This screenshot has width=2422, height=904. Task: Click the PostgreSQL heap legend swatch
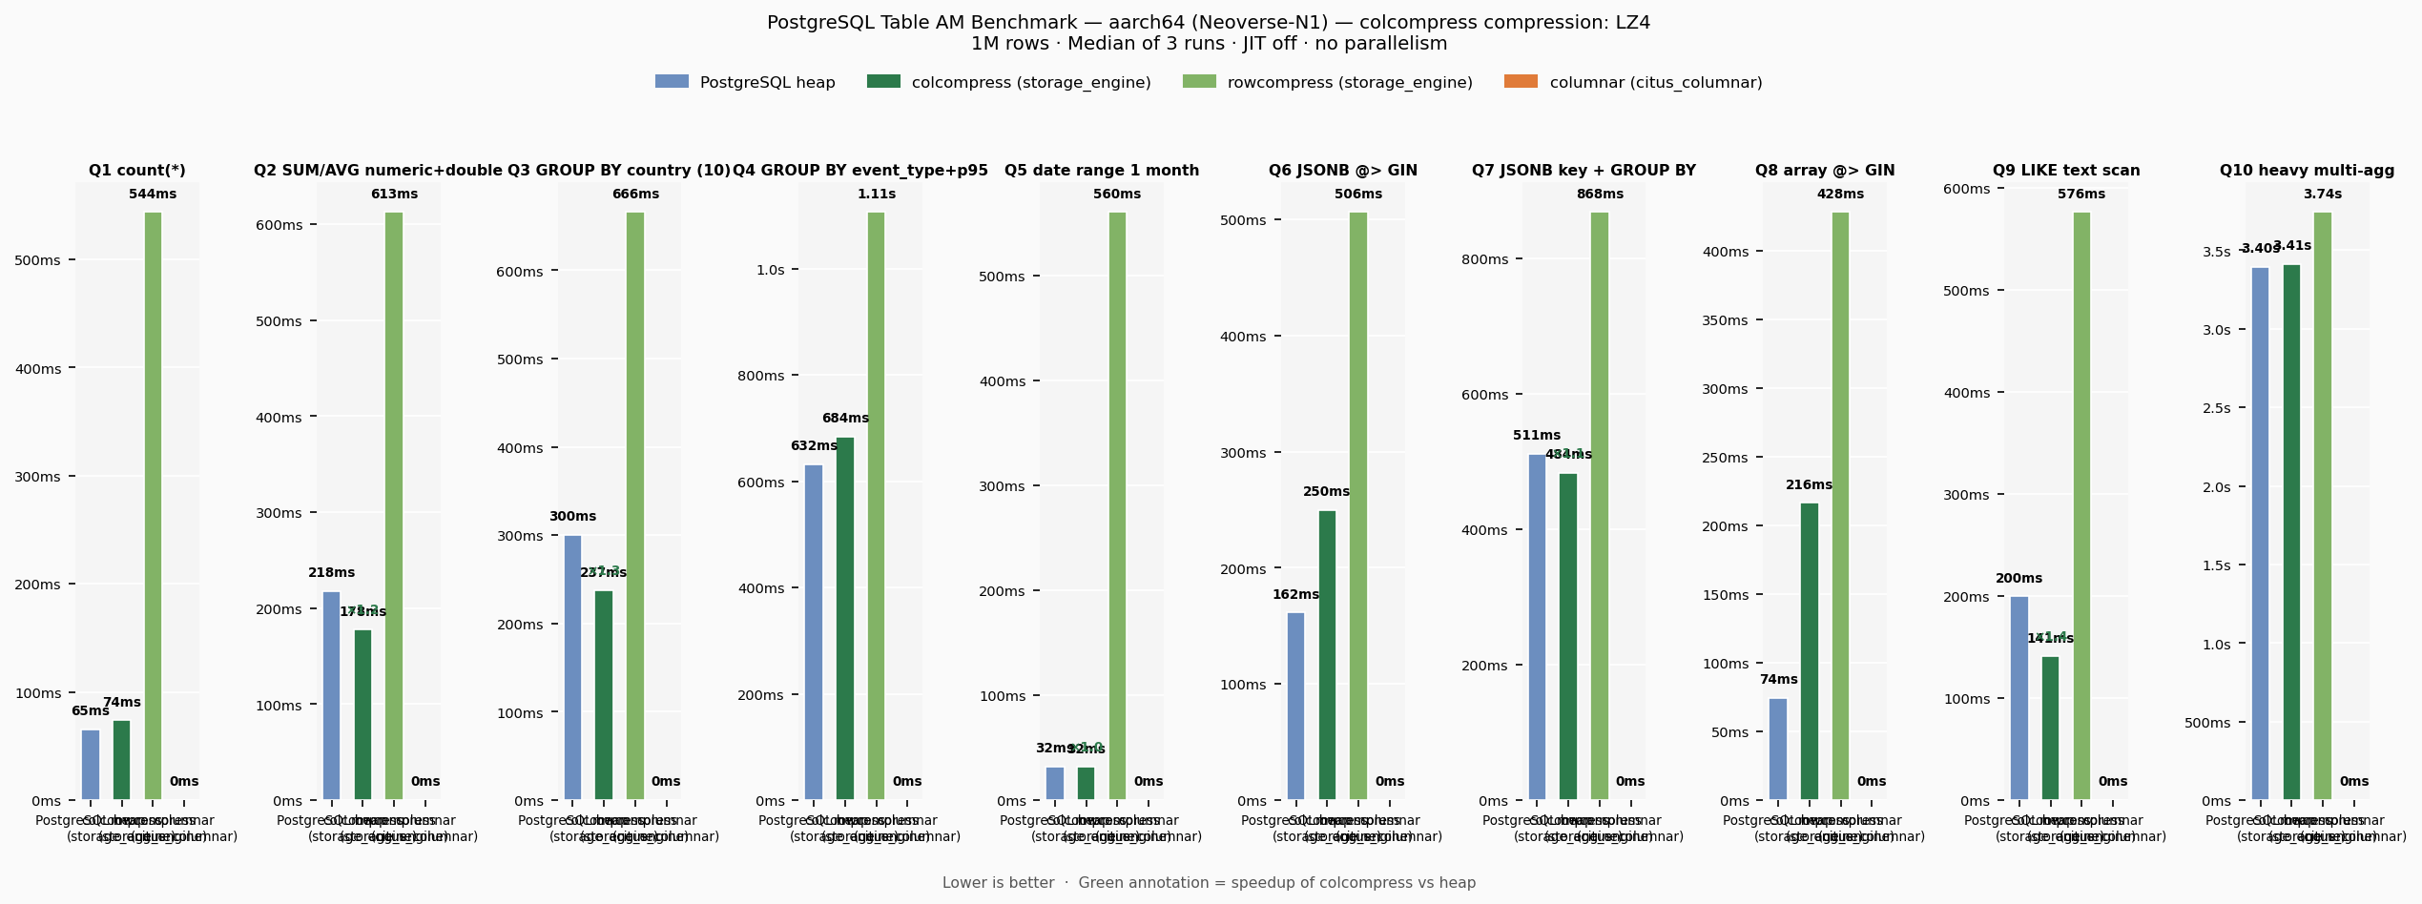tap(672, 82)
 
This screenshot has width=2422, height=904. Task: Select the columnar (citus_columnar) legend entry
tap(1655, 83)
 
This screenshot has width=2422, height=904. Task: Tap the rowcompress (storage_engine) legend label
tap(1350, 83)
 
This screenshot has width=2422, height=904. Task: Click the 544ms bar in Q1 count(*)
tap(153, 505)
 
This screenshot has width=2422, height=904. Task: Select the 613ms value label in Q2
tap(394, 195)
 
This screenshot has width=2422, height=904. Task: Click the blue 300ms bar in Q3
tap(572, 668)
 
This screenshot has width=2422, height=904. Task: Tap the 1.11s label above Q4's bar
tap(877, 195)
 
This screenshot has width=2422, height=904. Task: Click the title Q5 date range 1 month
tap(1102, 171)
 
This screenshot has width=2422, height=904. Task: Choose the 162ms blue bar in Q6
tap(1295, 706)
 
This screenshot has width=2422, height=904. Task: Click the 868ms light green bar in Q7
tap(1600, 505)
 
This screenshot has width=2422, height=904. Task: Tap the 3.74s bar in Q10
tap(2323, 505)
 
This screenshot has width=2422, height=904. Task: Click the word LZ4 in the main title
tap(1633, 23)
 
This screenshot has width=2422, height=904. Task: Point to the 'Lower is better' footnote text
tap(998, 883)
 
